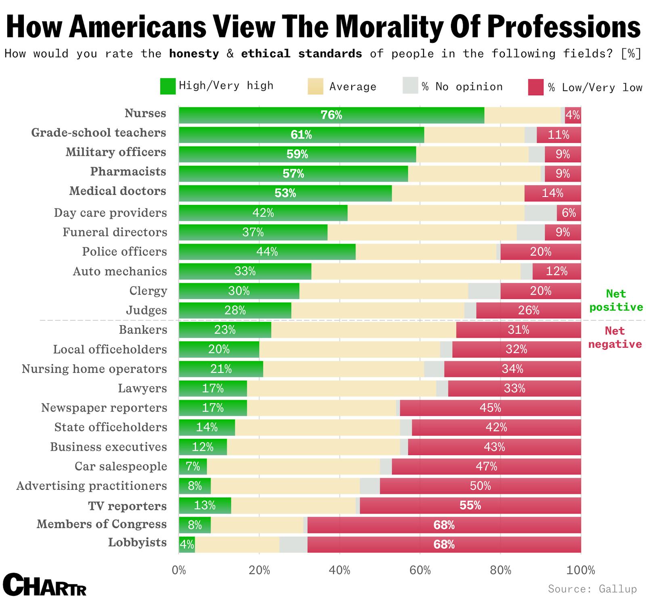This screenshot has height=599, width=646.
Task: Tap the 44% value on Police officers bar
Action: (x=267, y=252)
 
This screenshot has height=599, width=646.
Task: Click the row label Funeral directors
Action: (x=115, y=232)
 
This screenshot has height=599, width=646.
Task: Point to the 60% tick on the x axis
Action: (x=420, y=570)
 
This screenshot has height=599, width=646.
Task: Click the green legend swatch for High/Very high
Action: (x=168, y=86)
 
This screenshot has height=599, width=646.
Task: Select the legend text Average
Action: (x=352, y=87)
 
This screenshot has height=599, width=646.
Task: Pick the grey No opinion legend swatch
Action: (x=410, y=86)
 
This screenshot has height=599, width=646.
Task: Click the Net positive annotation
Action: (x=616, y=300)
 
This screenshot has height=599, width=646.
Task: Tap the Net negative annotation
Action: (x=615, y=337)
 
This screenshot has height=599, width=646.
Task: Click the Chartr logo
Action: (x=44, y=584)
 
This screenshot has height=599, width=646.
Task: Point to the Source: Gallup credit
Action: (x=592, y=589)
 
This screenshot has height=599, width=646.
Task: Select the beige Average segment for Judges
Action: (x=378, y=310)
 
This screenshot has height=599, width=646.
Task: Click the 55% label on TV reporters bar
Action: (x=470, y=505)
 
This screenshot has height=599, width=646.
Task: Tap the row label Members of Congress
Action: (x=101, y=524)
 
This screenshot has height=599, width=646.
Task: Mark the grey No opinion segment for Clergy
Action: (x=484, y=291)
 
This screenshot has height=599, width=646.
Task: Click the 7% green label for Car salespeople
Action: (x=193, y=466)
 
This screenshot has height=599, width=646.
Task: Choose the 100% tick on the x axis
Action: (x=580, y=570)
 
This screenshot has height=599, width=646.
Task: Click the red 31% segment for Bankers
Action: (x=518, y=330)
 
